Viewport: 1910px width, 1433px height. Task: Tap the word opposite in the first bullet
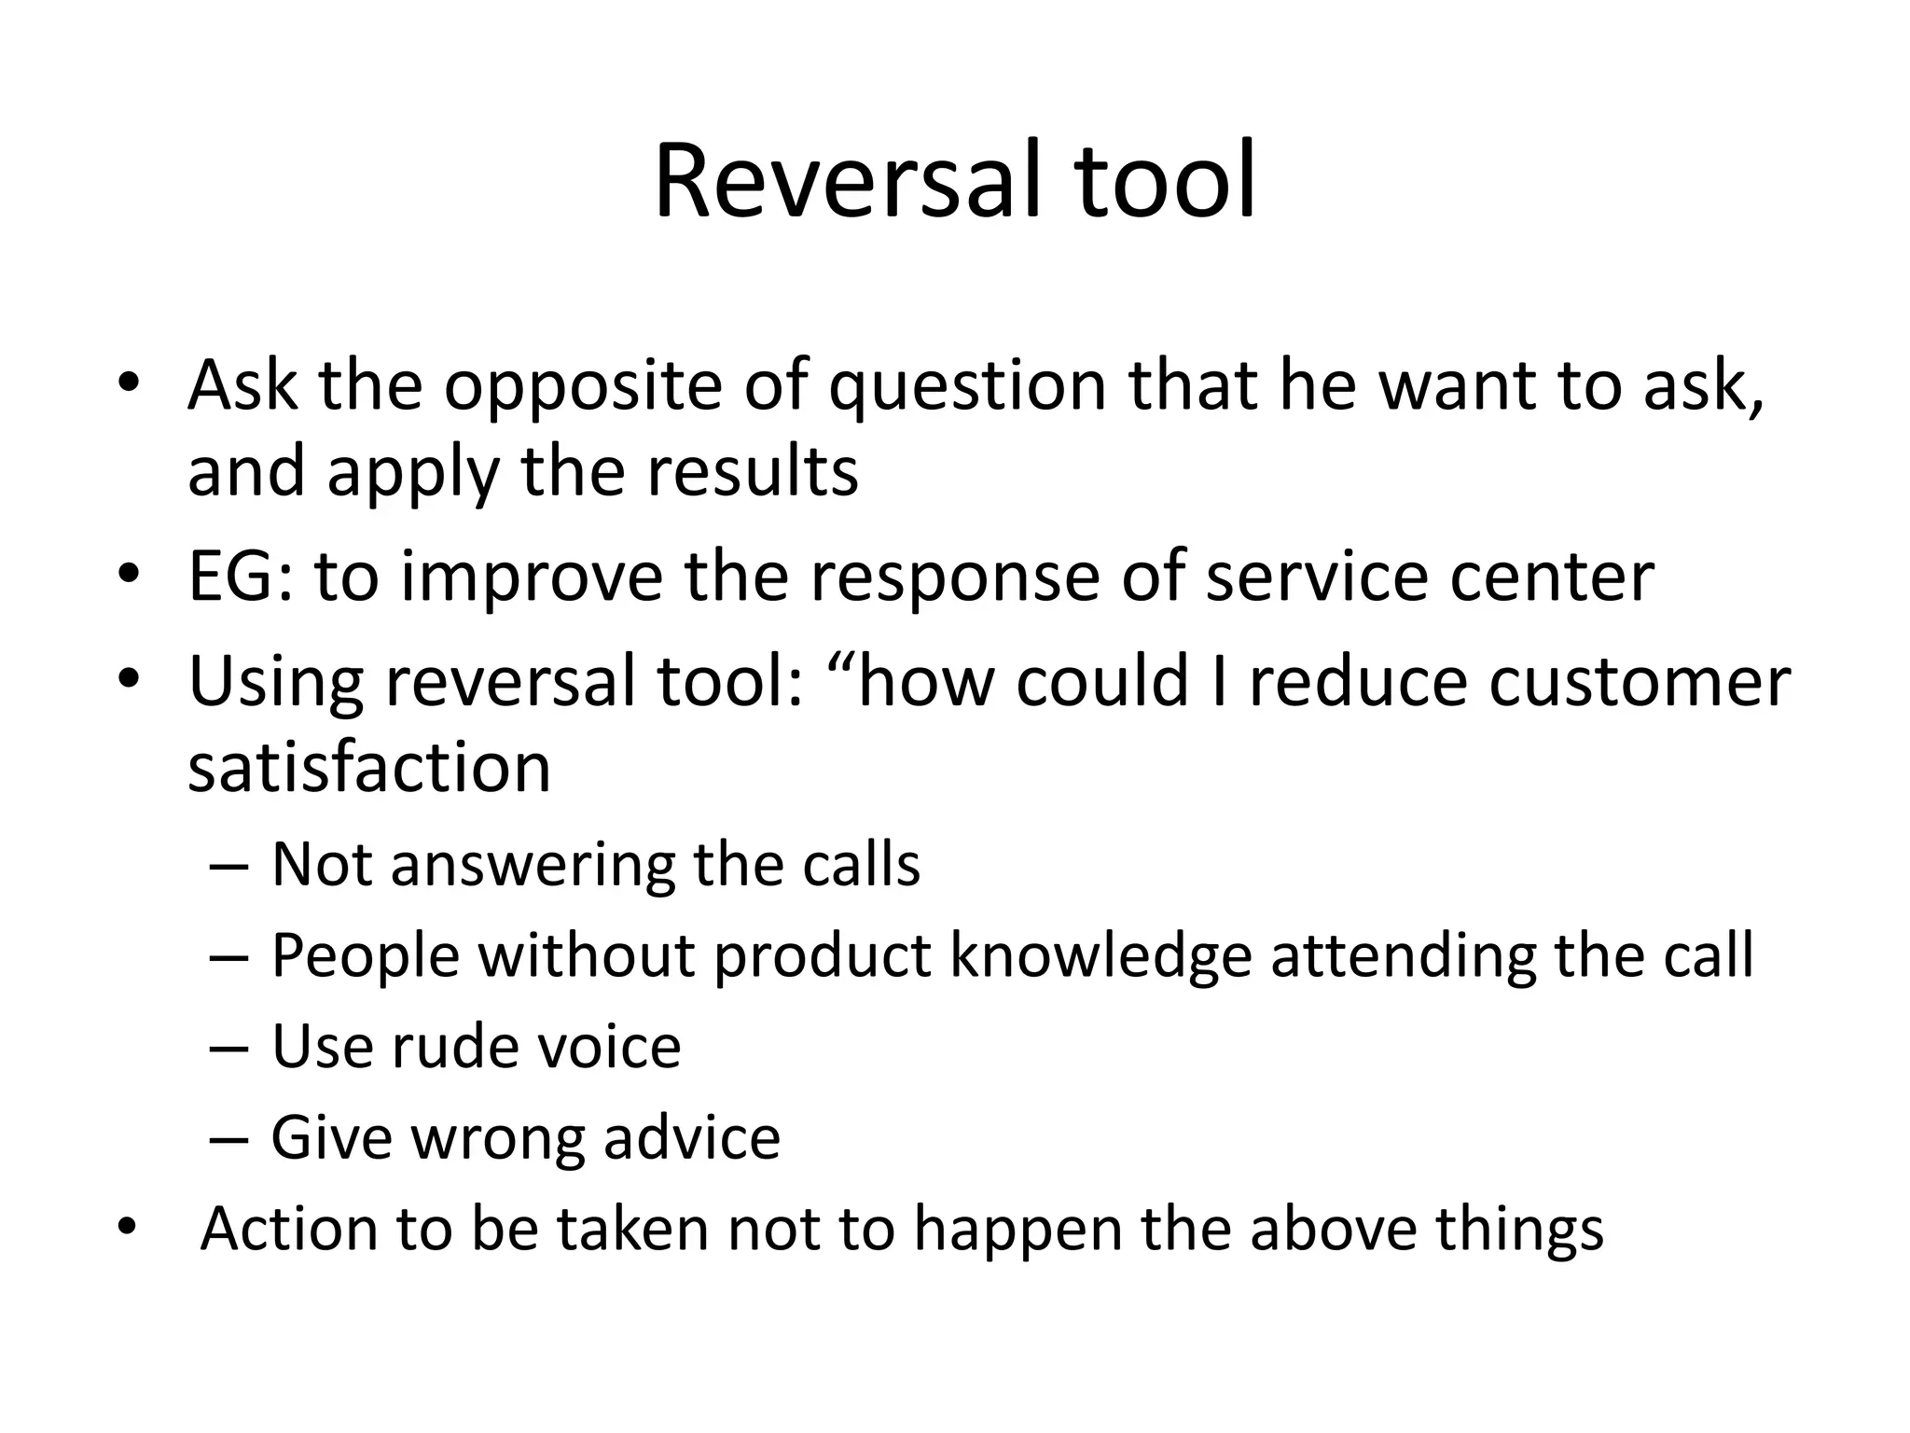click(x=583, y=386)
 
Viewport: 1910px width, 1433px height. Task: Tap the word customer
click(x=1639, y=681)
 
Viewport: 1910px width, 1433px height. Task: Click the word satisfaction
click(x=369, y=767)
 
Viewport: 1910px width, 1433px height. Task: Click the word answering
click(x=533, y=865)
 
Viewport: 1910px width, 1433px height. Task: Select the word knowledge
click(x=1100, y=955)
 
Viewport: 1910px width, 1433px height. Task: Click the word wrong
click(x=497, y=1137)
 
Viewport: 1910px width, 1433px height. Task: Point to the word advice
click(x=691, y=1137)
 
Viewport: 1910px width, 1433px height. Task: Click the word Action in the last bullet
click(x=287, y=1228)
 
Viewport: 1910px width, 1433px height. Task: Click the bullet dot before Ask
click(x=128, y=383)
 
